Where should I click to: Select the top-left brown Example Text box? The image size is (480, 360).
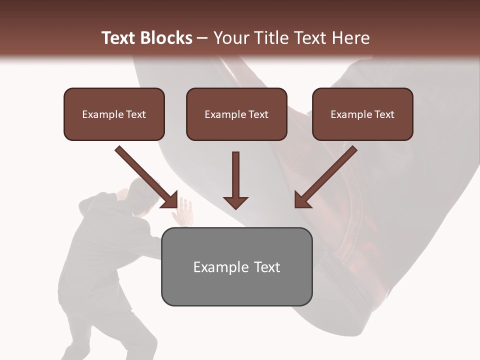[x=114, y=114]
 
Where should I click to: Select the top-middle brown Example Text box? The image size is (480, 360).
[x=236, y=114]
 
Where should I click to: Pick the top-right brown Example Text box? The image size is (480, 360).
[x=362, y=114]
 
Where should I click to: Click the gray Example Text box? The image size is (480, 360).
[x=236, y=266]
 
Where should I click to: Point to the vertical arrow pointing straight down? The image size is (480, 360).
[x=235, y=180]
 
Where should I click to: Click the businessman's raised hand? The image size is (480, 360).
[x=183, y=210]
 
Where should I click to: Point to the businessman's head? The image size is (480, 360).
[x=138, y=193]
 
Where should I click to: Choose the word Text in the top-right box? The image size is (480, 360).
[x=383, y=114]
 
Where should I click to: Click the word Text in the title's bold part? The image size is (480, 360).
[x=119, y=38]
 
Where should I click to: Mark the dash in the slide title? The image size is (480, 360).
[x=202, y=38]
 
